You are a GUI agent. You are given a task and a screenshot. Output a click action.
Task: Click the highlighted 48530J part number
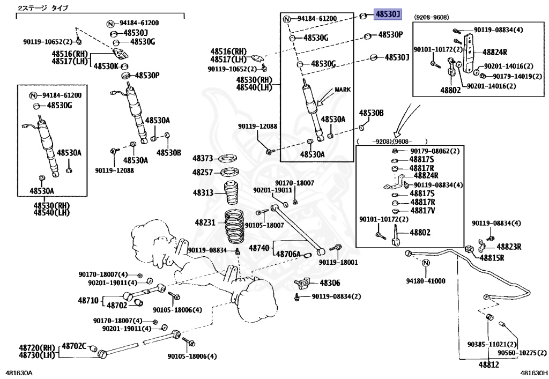click(x=387, y=14)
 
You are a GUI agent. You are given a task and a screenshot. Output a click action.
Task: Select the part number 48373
click(x=204, y=159)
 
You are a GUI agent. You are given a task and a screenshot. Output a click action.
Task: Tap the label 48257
click(x=204, y=173)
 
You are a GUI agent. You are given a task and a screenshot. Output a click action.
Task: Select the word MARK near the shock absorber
click(x=343, y=90)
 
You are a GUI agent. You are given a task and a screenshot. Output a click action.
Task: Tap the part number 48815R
click(x=492, y=258)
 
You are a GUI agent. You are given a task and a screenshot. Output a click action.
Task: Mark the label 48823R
click(x=509, y=247)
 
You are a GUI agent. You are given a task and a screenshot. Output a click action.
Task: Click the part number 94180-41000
click(x=426, y=280)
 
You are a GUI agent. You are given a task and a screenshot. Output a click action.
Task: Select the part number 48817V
click(x=422, y=211)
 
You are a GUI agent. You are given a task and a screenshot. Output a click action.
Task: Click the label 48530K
click(x=106, y=66)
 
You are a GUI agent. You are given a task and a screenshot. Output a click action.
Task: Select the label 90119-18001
click(x=338, y=263)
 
